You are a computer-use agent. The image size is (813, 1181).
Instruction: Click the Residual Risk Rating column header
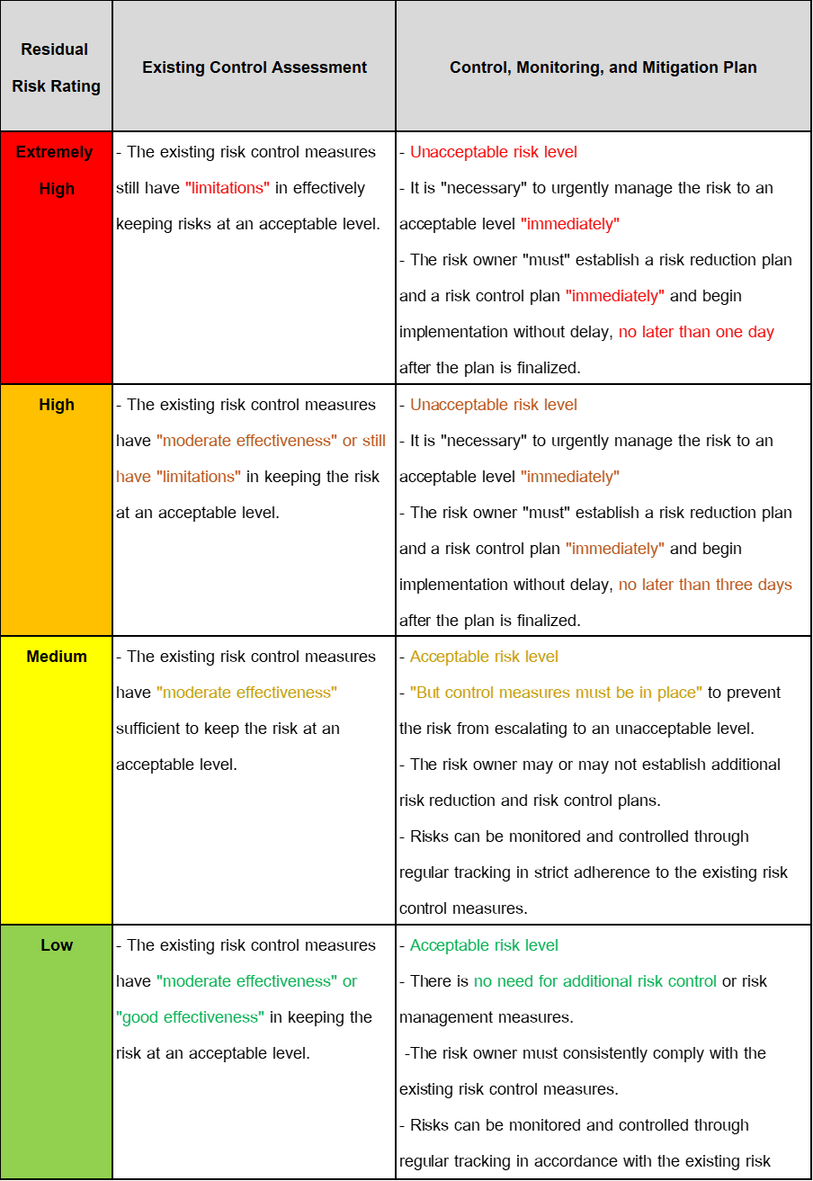pyautogui.click(x=56, y=67)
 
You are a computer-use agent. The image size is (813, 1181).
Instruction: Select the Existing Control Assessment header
pyautogui.click(x=255, y=67)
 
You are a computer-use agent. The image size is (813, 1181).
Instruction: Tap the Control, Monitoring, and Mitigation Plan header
pyautogui.click(x=603, y=67)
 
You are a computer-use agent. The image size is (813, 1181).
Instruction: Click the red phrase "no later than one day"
pyautogui.click(x=696, y=332)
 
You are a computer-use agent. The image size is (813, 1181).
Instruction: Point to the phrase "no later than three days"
pyautogui.click(x=706, y=585)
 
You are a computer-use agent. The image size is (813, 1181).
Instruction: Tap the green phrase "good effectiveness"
pyautogui.click(x=191, y=1017)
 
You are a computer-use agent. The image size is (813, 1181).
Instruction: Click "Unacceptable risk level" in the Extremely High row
pyautogui.click(x=494, y=152)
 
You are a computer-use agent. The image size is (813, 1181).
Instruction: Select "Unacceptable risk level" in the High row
pyautogui.click(x=494, y=405)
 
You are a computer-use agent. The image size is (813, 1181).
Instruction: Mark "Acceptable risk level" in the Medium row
pyautogui.click(x=485, y=657)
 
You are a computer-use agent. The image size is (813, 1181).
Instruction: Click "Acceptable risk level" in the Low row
pyautogui.click(x=485, y=945)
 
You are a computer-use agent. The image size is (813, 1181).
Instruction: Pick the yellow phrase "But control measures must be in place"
pyautogui.click(x=557, y=693)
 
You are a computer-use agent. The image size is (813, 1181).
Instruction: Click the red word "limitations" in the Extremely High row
pyautogui.click(x=228, y=188)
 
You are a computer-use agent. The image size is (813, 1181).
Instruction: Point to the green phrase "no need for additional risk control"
pyautogui.click(x=595, y=981)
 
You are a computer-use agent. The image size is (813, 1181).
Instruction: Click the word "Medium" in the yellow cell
pyautogui.click(x=57, y=657)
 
